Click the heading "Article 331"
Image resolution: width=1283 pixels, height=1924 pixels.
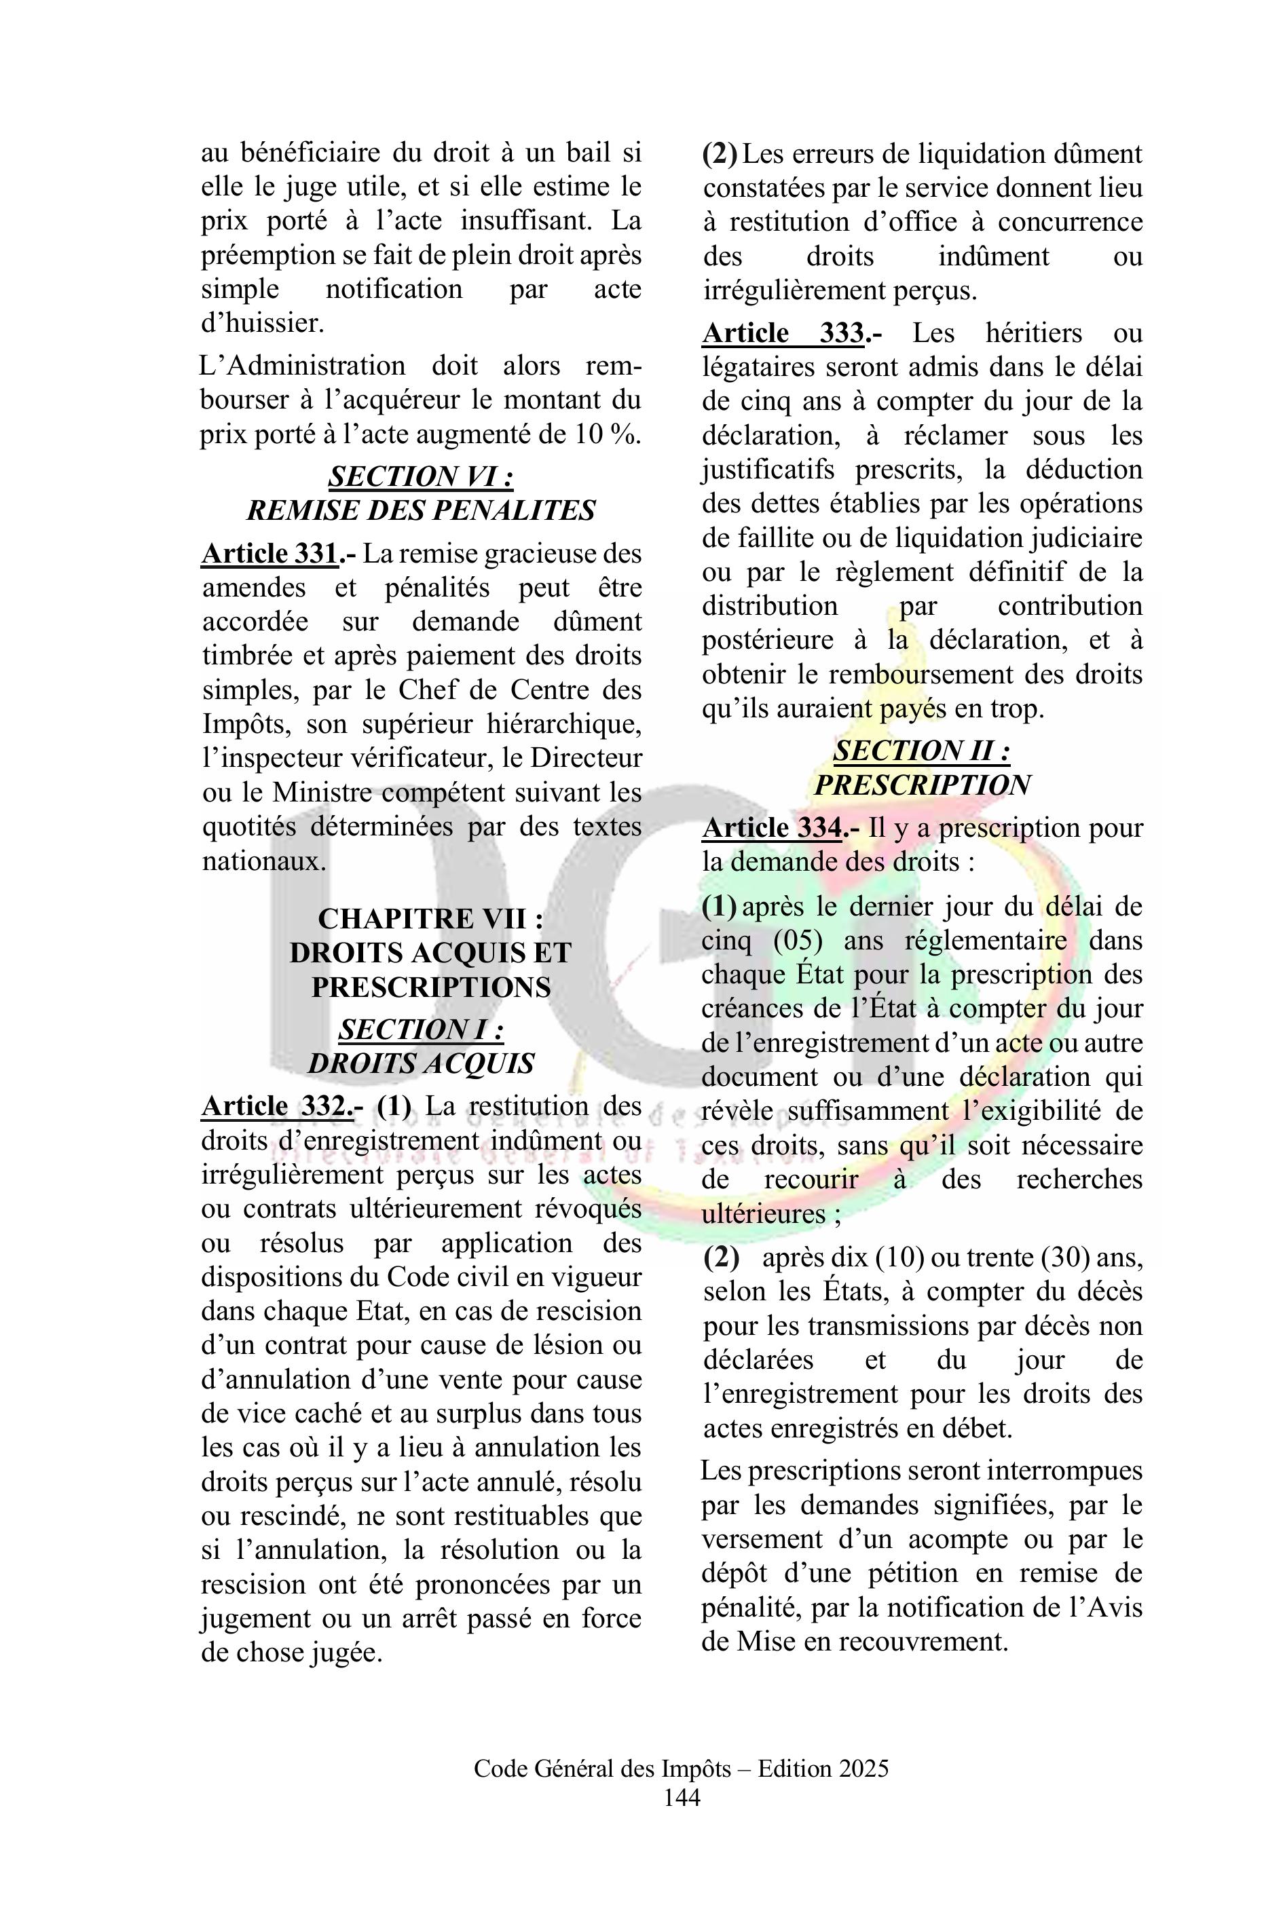pyautogui.click(x=270, y=554)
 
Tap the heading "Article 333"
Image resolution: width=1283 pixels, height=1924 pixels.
pyautogui.click(x=784, y=333)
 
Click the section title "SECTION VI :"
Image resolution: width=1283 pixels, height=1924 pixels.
pyautogui.click(x=421, y=476)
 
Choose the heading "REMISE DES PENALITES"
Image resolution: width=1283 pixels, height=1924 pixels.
pyautogui.click(x=421, y=510)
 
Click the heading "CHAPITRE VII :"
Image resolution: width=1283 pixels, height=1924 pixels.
pyautogui.click(x=430, y=919)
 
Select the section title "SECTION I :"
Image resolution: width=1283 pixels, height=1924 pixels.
pyautogui.click(x=421, y=1029)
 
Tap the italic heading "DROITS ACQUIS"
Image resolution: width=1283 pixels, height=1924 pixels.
pyautogui.click(x=421, y=1063)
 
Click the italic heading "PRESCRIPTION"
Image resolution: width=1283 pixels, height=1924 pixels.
pyautogui.click(x=922, y=785)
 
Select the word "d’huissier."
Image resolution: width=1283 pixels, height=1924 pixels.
pyautogui.click(x=263, y=323)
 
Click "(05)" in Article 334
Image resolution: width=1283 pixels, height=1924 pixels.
pyautogui.click(x=797, y=941)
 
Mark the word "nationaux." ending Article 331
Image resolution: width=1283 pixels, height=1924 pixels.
pyautogui.click(x=263, y=861)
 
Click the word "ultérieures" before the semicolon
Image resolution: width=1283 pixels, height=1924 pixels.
pyautogui.click(x=762, y=1214)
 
